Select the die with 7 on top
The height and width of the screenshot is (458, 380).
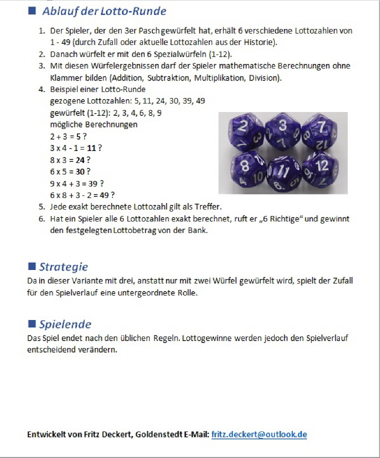click(320, 130)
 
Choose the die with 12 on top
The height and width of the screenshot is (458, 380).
click(320, 168)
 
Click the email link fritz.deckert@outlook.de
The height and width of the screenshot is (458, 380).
click(259, 434)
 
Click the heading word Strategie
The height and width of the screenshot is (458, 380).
click(63, 266)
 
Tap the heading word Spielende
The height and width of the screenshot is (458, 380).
click(65, 324)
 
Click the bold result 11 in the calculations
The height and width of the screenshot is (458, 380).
click(91, 148)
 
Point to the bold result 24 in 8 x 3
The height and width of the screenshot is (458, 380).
click(80, 160)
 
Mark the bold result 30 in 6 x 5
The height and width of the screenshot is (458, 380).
click(79, 171)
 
